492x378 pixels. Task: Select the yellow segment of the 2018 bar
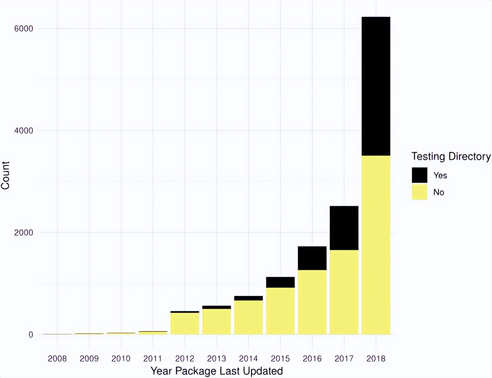pyautogui.click(x=376, y=245)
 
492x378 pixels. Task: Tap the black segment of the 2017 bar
pyautogui.click(x=344, y=228)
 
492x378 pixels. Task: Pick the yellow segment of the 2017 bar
pyautogui.click(x=344, y=292)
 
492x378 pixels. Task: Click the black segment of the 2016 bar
pyautogui.click(x=312, y=258)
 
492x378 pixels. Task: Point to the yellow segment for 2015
pyautogui.click(x=280, y=311)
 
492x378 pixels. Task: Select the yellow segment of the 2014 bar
pyautogui.click(x=248, y=317)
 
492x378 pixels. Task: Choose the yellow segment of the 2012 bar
pyautogui.click(x=184, y=323)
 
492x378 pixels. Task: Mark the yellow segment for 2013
pyautogui.click(x=216, y=322)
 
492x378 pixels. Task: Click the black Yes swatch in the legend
pyautogui.click(x=419, y=175)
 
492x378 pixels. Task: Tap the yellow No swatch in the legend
pyautogui.click(x=419, y=192)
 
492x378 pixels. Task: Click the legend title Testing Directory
pyautogui.click(x=451, y=156)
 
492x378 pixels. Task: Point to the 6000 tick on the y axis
pyautogui.click(x=23, y=28)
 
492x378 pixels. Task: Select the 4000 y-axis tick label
pyautogui.click(x=23, y=130)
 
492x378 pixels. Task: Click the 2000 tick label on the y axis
pyautogui.click(x=23, y=233)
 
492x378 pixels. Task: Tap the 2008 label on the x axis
pyautogui.click(x=57, y=358)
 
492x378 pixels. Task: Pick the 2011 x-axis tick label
pyautogui.click(x=152, y=358)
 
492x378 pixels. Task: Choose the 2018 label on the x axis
pyautogui.click(x=376, y=358)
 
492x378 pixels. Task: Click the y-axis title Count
pyautogui.click(x=5, y=175)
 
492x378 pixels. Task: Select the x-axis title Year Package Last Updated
pyautogui.click(x=217, y=371)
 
